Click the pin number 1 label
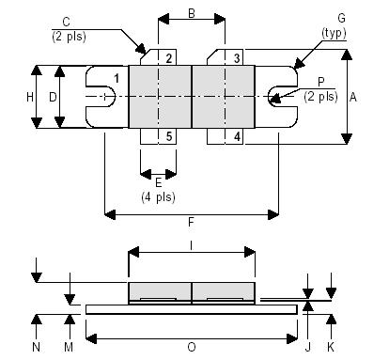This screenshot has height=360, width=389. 116,76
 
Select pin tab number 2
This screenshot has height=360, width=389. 167,58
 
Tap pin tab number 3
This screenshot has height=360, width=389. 237,58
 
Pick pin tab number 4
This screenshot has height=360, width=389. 237,136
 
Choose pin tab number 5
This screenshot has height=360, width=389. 167,136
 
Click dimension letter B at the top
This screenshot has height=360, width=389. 192,13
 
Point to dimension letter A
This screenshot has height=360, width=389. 352,96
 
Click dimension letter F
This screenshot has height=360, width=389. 192,223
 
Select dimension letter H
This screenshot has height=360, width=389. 29,97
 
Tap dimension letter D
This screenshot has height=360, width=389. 53,97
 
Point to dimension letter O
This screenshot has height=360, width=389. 192,347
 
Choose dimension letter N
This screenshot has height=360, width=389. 36,347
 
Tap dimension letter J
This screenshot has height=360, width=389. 309,347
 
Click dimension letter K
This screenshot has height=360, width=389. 331,347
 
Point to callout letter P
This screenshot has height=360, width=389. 321,82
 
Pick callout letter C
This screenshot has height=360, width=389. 65,21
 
